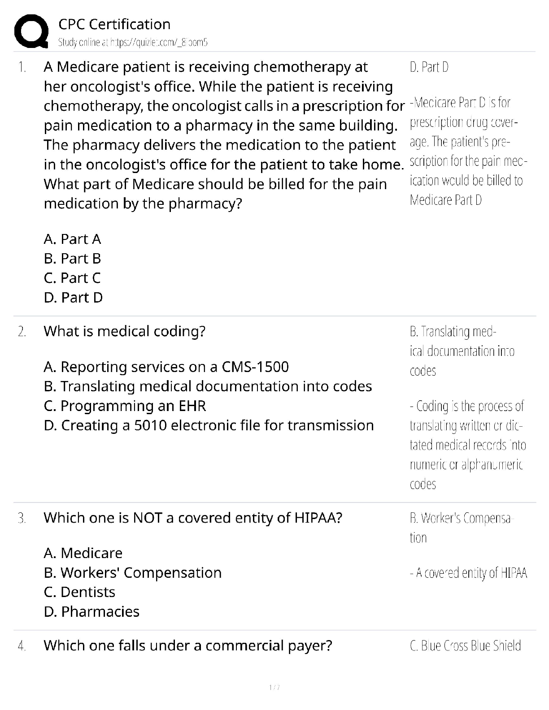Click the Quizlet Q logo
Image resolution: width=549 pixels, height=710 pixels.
[x=31, y=31]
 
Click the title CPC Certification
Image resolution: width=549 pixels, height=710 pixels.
[x=114, y=24]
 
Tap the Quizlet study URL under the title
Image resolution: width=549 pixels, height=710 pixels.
[x=133, y=43]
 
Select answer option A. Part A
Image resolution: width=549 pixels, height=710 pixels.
[x=72, y=239]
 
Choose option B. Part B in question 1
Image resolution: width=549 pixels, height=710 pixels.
[x=72, y=259]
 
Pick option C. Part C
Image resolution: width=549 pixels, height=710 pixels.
[x=72, y=278]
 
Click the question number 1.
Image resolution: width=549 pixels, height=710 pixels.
[x=22, y=67]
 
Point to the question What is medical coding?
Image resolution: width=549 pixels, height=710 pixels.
[x=124, y=331]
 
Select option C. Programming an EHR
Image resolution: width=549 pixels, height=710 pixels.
[x=125, y=406]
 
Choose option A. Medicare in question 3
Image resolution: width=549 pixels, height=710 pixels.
[x=83, y=553]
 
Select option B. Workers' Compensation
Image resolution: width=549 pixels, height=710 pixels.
[x=132, y=572]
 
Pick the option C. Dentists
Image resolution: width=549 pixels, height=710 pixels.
[x=79, y=592]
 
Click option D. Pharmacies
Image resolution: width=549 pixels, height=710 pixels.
[x=91, y=611]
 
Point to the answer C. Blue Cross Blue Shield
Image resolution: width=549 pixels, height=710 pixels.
[x=465, y=645]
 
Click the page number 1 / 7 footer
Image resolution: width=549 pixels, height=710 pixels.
[x=274, y=687]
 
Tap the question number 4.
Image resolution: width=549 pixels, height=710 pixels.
[x=22, y=646]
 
